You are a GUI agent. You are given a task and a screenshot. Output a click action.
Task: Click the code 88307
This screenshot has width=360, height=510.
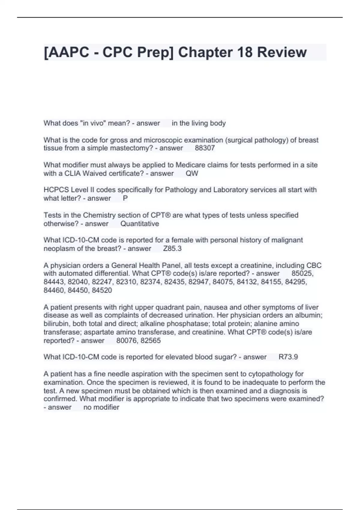click(205, 148)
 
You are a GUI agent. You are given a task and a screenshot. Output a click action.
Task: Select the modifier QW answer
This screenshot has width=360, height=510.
click(192, 173)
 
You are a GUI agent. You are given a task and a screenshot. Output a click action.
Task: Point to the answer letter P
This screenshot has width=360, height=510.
click(125, 198)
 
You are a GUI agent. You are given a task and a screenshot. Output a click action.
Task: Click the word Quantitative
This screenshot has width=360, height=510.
click(139, 223)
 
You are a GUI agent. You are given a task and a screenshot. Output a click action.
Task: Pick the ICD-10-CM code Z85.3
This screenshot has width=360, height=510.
click(172, 248)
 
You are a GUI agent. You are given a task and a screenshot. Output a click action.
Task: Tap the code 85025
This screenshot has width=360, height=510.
click(302, 273)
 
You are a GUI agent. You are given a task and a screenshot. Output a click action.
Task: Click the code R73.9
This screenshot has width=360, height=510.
click(288, 357)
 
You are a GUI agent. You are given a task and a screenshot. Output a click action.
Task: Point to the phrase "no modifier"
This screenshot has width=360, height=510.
click(101, 407)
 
